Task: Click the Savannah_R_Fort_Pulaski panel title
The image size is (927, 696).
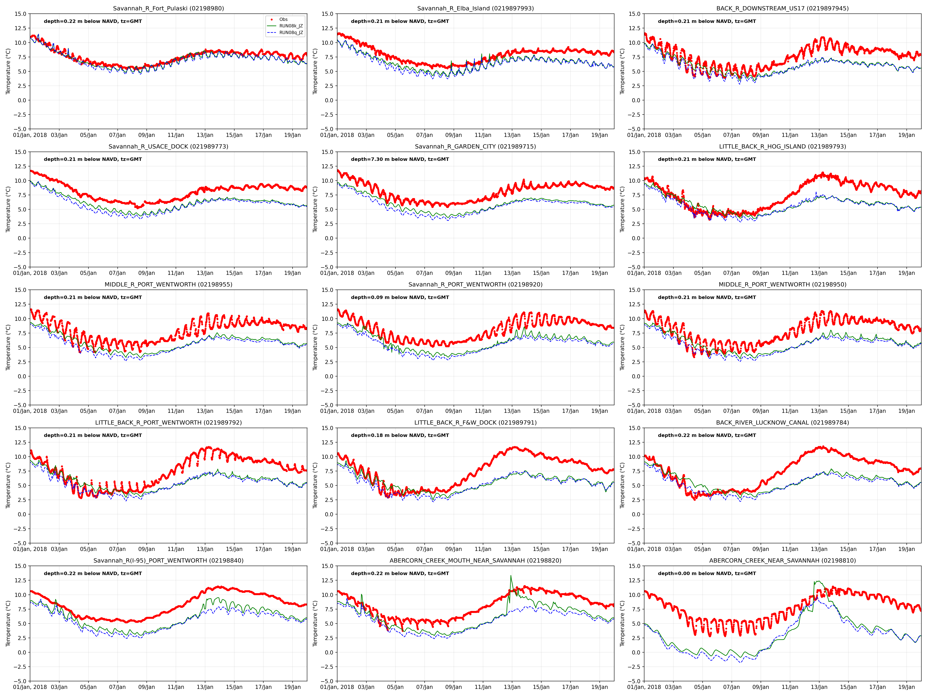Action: (168, 8)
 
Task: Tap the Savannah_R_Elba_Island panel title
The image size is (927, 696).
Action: (475, 8)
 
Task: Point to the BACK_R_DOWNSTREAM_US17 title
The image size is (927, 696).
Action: (782, 8)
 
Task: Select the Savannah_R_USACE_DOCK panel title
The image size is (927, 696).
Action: (168, 146)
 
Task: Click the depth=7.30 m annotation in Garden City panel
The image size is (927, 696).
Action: (400, 159)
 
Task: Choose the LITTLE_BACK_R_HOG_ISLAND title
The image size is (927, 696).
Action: (782, 146)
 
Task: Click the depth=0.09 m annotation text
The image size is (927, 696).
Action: (400, 297)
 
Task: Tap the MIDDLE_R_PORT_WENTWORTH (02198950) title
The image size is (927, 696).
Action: (782, 284)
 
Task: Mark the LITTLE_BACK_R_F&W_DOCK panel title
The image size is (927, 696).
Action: (475, 422)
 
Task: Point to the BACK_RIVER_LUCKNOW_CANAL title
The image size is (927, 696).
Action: (782, 422)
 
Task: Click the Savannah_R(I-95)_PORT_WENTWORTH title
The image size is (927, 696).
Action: (168, 561)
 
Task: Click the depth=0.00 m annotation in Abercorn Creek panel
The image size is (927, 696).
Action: (707, 574)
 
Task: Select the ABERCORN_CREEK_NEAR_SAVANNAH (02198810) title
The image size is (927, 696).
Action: (782, 561)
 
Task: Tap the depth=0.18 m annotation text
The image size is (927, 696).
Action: (400, 436)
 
